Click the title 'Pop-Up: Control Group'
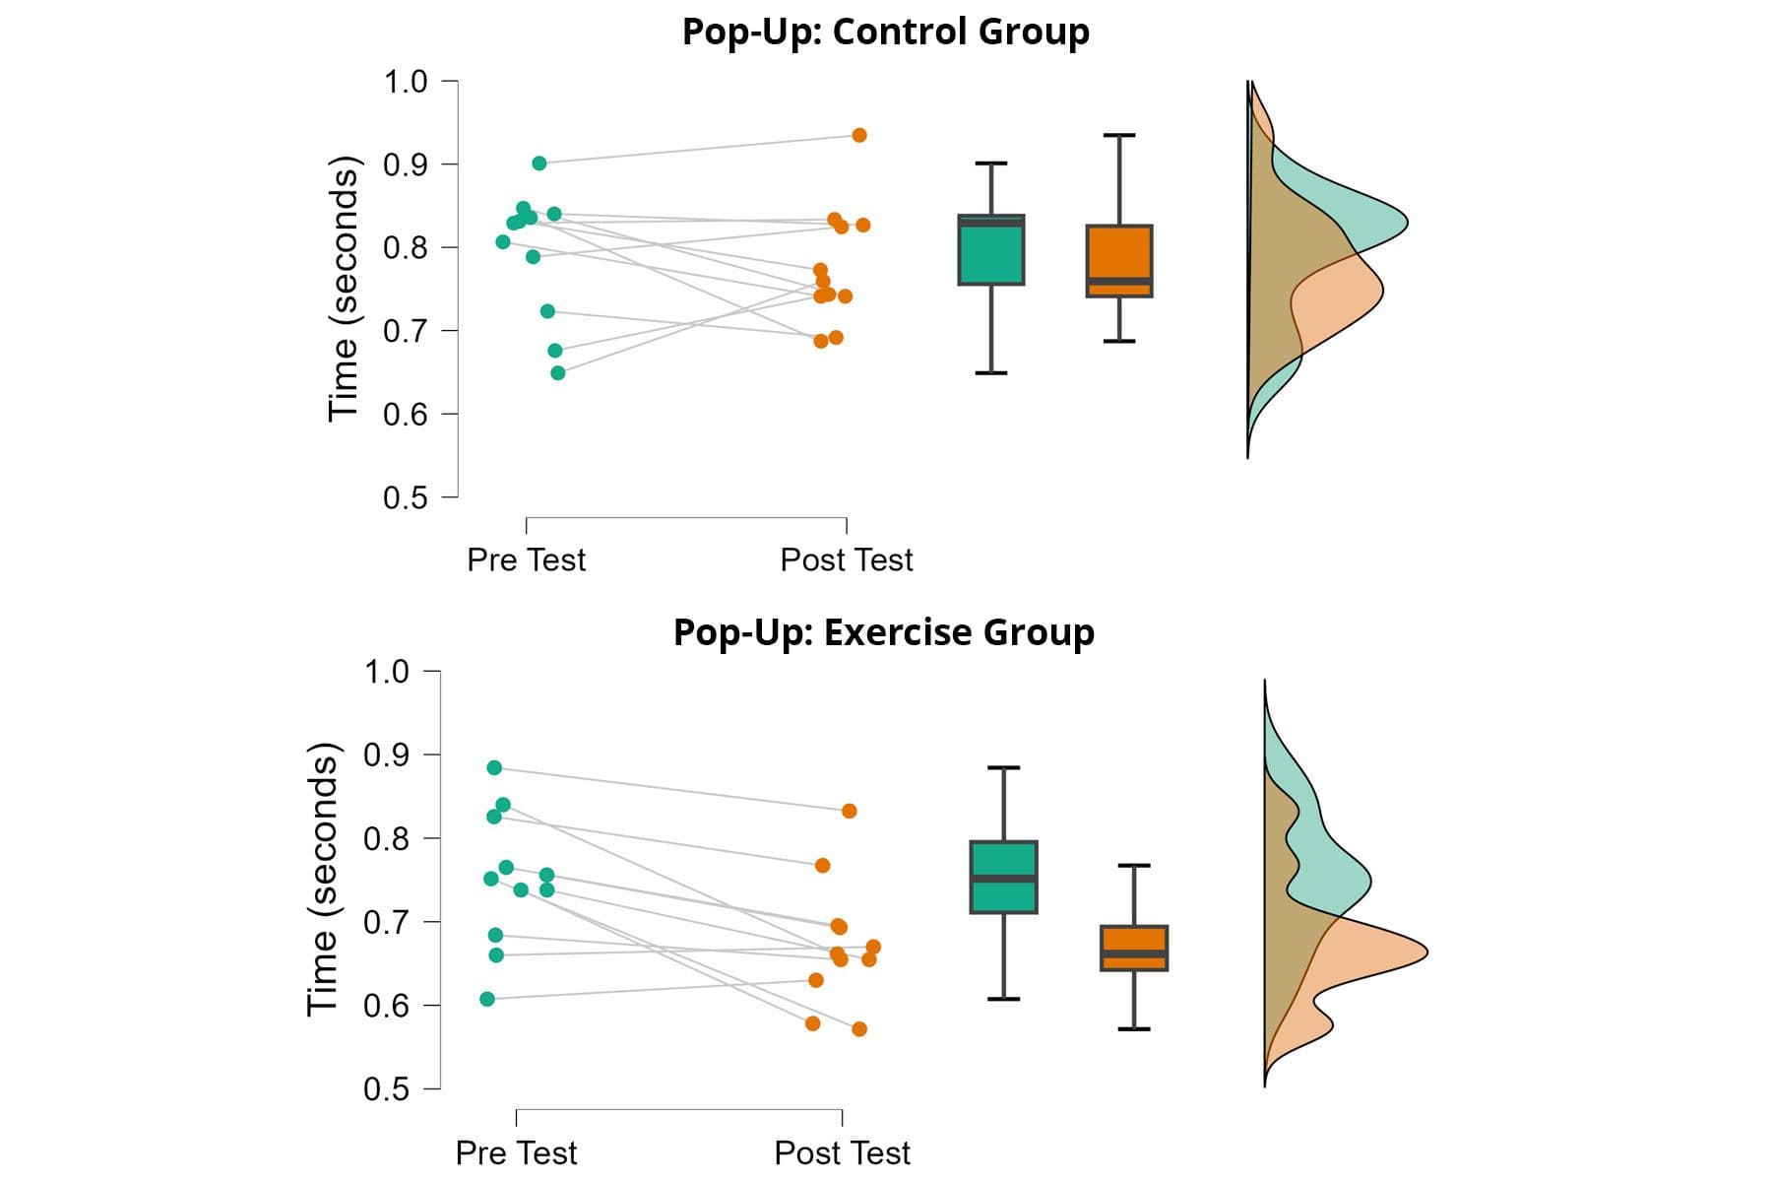[x=885, y=32]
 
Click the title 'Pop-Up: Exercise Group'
[x=883, y=632]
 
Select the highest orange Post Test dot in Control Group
[x=859, y=135]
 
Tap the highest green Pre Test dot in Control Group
[x=539, y=164]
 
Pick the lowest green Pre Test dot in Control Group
[x=558, y=373]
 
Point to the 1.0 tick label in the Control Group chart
[x=406, y=82]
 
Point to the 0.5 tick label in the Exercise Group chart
[x=386, y=1089]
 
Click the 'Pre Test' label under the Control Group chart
[x=526, y=559]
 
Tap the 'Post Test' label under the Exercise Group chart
[x=842, y=1152]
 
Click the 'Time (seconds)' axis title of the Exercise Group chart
[x=323, y=879]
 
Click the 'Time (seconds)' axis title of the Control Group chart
[x=344, y=289]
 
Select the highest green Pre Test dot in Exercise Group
[x=494, y=768]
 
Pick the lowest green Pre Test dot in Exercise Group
[x=487, y=999]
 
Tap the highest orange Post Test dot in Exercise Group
[x=849, y=811]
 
